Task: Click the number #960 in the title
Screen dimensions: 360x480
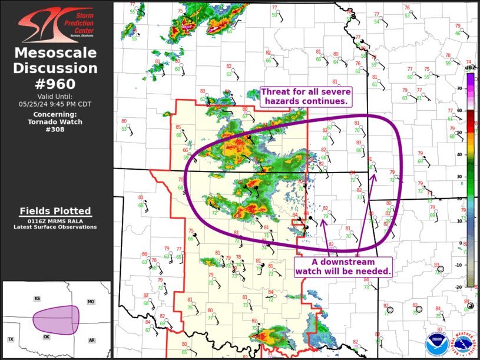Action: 56,84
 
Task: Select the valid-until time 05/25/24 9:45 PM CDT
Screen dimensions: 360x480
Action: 56,104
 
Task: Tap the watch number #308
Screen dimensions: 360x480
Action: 56,130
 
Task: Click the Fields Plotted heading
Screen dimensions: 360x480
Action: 55,211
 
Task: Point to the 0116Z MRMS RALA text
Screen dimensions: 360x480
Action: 55,220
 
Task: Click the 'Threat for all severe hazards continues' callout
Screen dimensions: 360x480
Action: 306,96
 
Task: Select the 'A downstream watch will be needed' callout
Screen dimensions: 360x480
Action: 343,267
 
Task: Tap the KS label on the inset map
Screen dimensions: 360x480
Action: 37,299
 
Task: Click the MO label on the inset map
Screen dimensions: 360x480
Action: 91,302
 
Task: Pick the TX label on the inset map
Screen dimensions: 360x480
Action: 11,339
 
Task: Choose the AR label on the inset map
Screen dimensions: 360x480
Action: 92,340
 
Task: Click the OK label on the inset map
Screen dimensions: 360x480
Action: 47,336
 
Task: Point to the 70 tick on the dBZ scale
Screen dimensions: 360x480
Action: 460,88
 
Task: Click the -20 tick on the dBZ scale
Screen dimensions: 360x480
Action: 459,287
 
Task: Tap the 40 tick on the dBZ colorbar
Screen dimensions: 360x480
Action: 460,154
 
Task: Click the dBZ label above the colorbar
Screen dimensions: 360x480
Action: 469,68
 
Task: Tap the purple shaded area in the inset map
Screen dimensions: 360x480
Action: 56,319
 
